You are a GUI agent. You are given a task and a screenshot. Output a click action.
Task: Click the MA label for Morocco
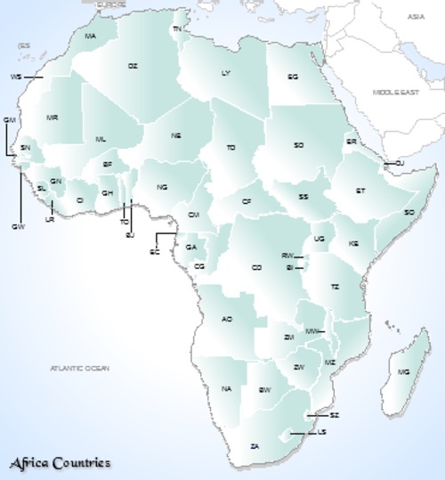point(90,37)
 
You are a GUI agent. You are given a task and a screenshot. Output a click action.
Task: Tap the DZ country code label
point(133,66)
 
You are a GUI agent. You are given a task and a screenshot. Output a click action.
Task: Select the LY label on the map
point(226,73)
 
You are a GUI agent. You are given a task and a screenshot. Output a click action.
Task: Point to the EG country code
point(292,77)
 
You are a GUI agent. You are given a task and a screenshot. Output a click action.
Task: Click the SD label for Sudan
point(299,145)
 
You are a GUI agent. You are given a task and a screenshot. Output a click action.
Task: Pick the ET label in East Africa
point(360,191)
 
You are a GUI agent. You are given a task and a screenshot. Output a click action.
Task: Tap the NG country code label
point(162,187)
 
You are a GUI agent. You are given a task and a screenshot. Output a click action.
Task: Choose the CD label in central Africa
point(256,267)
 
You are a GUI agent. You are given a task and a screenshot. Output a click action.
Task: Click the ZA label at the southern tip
point(255,445)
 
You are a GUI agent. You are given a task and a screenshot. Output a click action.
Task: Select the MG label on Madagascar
point(404,371)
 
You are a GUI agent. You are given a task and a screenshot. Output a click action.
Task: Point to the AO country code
point(227,319)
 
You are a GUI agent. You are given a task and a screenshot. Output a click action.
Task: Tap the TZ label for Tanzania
point(336,287)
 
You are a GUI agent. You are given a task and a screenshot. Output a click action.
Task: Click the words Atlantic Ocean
point(79,368)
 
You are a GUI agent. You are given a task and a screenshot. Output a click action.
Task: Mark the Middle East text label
point(394,92)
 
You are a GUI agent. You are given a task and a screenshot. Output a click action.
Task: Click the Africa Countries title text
point(61,463)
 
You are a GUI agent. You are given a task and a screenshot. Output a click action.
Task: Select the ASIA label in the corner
point(416,16)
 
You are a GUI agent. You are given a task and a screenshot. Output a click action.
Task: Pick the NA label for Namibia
point(227,389)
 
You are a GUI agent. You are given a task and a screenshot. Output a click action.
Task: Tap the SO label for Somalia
point(409,212)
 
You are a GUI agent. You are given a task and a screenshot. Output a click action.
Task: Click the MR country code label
point(53,118)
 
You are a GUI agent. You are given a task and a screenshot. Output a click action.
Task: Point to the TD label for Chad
point(231,147)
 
